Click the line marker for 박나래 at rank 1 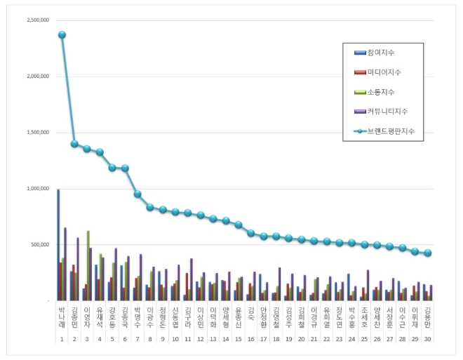point(62,34)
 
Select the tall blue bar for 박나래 point(58,246)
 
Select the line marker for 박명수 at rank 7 point(137,194)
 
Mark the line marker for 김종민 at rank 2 point(74,144)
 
